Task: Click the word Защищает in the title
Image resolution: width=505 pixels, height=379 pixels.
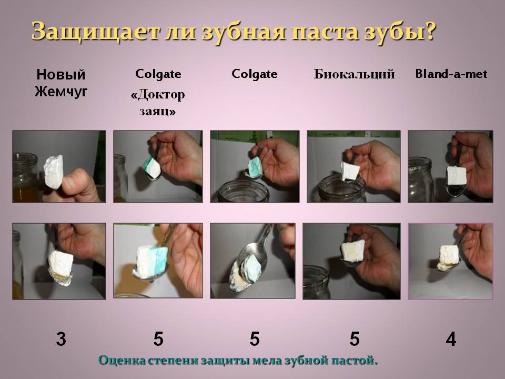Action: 95,32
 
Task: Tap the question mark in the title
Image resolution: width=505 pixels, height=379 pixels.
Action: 429,31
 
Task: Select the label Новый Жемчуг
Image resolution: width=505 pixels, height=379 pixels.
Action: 61,83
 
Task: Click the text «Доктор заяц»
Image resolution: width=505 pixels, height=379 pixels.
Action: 158,103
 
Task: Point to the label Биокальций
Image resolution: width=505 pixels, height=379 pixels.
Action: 354,74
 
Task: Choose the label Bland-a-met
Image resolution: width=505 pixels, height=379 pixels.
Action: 451,74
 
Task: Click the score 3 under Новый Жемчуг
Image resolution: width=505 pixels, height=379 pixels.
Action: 61,339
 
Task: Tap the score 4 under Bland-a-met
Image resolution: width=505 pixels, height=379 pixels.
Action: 451,339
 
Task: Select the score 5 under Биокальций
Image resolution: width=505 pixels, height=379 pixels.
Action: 355,339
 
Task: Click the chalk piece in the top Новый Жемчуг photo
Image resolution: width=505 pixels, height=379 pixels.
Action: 54,172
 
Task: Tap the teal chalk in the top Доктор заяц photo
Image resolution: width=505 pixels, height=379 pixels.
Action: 151,167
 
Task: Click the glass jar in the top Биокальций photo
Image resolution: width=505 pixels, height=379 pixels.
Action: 341,189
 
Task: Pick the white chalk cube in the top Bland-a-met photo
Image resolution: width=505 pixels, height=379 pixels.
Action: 457,176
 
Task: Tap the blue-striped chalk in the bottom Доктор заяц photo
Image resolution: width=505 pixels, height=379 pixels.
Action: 151,261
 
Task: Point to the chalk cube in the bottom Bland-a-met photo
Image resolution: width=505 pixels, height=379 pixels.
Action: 448,256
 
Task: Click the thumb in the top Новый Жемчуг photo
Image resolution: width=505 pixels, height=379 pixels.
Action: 74,183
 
